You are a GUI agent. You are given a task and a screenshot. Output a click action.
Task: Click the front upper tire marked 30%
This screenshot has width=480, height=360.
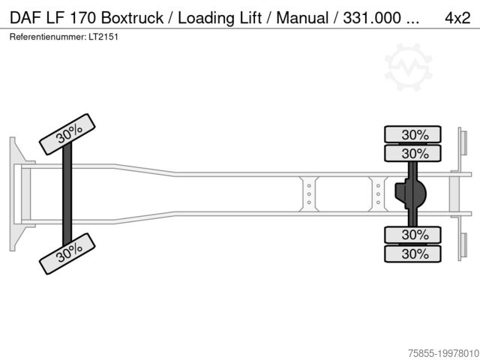pos(69,132)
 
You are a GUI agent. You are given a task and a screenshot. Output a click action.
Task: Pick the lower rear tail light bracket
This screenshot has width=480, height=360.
pos(463,247)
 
